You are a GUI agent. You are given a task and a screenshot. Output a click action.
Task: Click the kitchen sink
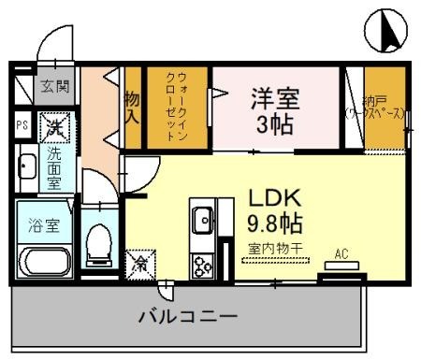tap(202, 221)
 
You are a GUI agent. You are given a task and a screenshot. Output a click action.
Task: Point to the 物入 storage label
tap(132, 107)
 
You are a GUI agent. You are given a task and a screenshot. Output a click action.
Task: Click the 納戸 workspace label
tap(377, 107)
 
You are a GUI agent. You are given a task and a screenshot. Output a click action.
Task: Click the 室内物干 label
tap(277, 249)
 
